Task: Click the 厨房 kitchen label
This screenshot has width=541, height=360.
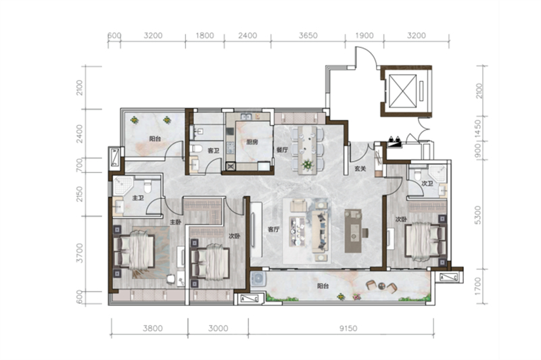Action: coord(252,142)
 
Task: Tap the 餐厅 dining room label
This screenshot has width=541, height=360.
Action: coord(282,150)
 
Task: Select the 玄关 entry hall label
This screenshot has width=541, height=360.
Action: coord(360,168)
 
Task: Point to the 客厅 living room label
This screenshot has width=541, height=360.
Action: coord(273,229)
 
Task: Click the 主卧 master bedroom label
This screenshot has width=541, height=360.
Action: coord(175,222)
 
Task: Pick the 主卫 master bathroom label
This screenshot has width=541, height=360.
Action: coord(138,198)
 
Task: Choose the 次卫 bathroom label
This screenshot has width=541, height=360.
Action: coord(427,183)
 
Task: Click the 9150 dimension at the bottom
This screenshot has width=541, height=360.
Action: coord(348,328)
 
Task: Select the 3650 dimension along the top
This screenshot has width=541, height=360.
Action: coord(308,36)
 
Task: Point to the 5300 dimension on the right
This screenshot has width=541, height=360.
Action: coord(477,215)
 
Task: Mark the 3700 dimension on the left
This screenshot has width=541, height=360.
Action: coord(80,253)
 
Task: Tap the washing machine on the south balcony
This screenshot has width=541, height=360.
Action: coord(258,279)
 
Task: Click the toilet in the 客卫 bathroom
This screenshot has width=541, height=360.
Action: coord(196,150)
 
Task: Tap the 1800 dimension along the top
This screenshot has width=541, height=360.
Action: coord(205,36)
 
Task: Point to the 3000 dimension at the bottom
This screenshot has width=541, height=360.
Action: coord(218,328)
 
